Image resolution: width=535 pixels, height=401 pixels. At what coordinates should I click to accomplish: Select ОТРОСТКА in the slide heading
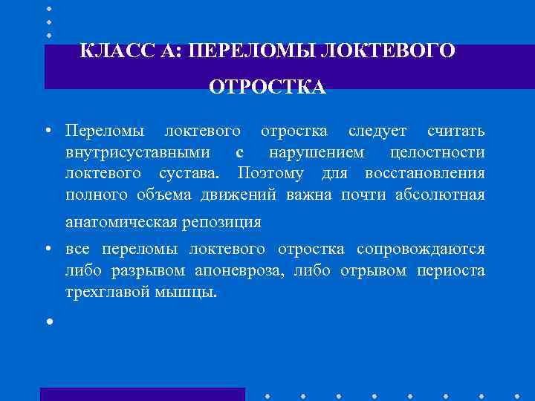click(x=267, y=88)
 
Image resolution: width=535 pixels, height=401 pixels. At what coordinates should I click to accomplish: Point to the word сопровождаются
click(x=421, y=249)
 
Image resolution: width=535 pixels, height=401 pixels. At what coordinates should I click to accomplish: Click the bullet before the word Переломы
click(x=48, y=132)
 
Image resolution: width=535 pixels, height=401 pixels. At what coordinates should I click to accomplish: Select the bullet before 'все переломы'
click(x=48, y=250)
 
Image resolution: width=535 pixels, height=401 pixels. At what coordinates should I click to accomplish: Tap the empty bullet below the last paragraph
click(x=48, y=322)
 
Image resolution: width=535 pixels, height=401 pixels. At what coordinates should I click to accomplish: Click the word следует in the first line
click(x=377, y=131)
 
